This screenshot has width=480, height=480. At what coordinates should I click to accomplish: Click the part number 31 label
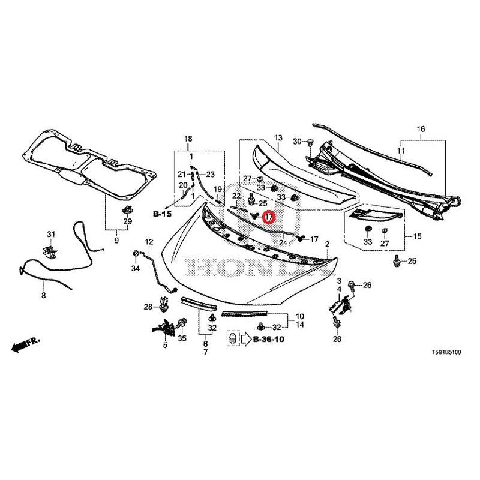[x=51, y=234]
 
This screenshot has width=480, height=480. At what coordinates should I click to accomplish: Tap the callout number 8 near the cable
[x=43, y=296]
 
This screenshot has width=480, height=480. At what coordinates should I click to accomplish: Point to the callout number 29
[x=127, y=222]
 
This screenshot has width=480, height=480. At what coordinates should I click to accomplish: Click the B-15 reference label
[x=162, y=214]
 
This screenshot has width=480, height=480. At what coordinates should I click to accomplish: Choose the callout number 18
[x=188, y=139]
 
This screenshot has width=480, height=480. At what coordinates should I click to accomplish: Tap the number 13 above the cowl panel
[x=278, y=139]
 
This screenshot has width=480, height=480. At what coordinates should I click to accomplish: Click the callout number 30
[x=296, y=142]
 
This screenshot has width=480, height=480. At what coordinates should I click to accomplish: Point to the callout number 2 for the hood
[x=328, y=244]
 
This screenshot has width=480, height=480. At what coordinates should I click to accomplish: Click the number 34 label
[x=136, y=268]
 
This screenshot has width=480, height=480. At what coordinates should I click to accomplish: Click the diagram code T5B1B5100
[x=444, y=354]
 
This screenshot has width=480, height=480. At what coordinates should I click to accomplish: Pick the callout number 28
[x=148, y=308]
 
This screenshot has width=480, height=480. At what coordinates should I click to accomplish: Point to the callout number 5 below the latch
[x=166, y=345]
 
